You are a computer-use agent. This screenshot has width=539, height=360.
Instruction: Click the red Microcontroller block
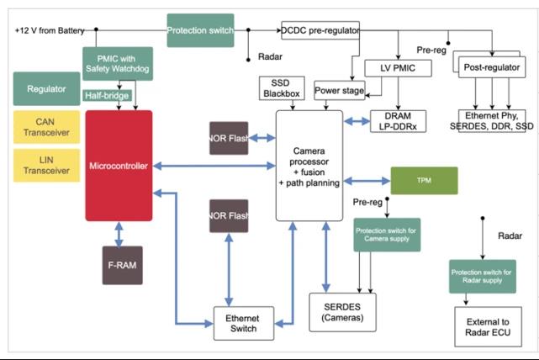coord(119,166)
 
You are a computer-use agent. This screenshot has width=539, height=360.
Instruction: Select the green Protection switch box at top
coord(200,30)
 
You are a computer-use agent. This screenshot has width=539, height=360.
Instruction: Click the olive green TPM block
coord(424,181)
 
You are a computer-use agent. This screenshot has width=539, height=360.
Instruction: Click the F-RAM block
coord(121,265)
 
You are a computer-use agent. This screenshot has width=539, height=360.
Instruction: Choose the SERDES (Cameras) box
coord(343,313)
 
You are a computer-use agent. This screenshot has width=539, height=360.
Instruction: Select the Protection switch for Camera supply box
coord(386,236)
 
